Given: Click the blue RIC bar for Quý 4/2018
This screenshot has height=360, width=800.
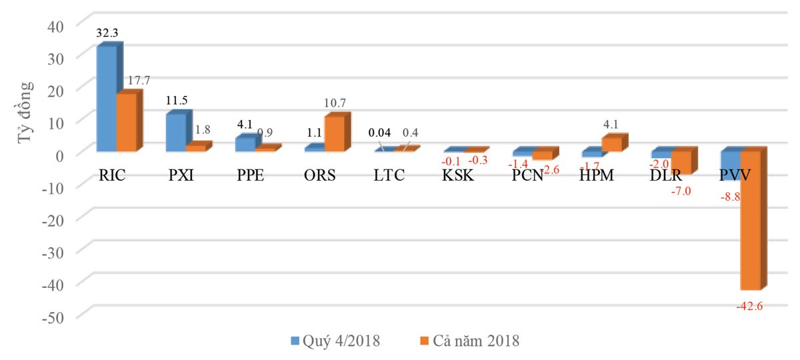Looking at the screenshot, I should pos(107,99).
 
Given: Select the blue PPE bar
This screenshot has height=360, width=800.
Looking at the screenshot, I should pos(245,145).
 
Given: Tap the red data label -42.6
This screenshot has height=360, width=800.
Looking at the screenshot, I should pos(751,307).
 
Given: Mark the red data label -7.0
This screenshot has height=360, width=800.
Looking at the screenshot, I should pos(682,191).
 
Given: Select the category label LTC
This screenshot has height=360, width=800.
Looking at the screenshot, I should pos(390,177).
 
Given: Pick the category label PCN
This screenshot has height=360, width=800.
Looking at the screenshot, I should pos(529,177).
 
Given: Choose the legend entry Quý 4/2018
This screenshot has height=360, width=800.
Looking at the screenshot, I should pos(336,341).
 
